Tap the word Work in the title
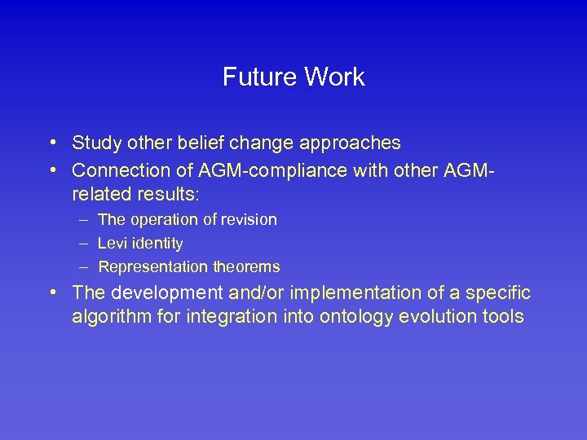coord(333,77)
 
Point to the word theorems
coord(246,267)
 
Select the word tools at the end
coord(502,317)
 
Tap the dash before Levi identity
coord(84,244)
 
